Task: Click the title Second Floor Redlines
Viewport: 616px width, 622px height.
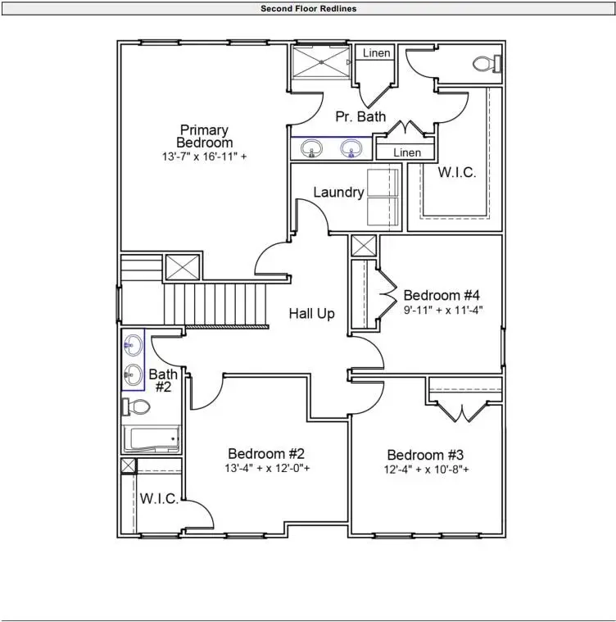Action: (x=308, y=9)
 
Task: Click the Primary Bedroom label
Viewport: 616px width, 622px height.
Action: (x=204, y=137)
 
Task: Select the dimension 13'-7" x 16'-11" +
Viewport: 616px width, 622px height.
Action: (x=204, y=156)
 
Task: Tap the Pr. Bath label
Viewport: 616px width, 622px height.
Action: (x=360, y=117)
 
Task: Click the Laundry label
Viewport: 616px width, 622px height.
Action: (x=338, y=193)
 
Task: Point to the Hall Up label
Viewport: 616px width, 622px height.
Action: (x=311, y=313)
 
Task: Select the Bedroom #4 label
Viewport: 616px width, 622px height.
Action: (x=442, y=295)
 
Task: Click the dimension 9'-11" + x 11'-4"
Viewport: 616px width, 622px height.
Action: (x=444, y=311)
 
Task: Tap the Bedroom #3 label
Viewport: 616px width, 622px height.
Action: (x=425, y=456)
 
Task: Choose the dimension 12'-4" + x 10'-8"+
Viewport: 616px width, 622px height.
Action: (x=427, y=470)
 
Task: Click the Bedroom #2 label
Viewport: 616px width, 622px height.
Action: (x=266, y=454)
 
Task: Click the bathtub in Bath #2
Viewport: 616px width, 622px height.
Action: (x=151, y=439)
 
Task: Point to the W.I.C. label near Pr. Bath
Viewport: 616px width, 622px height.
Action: (x=456, y=173)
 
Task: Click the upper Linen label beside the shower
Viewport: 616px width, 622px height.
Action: (x=377, y=54)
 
